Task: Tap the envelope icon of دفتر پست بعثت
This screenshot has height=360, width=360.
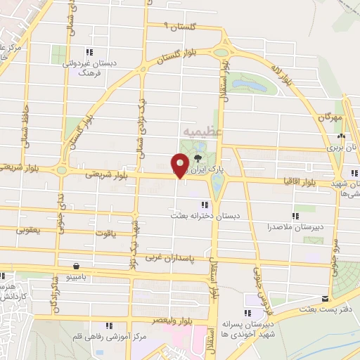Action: pos(325,298)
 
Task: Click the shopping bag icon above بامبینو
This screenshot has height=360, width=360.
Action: pos(75,266)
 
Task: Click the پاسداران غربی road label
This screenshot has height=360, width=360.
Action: pos(162,258)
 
